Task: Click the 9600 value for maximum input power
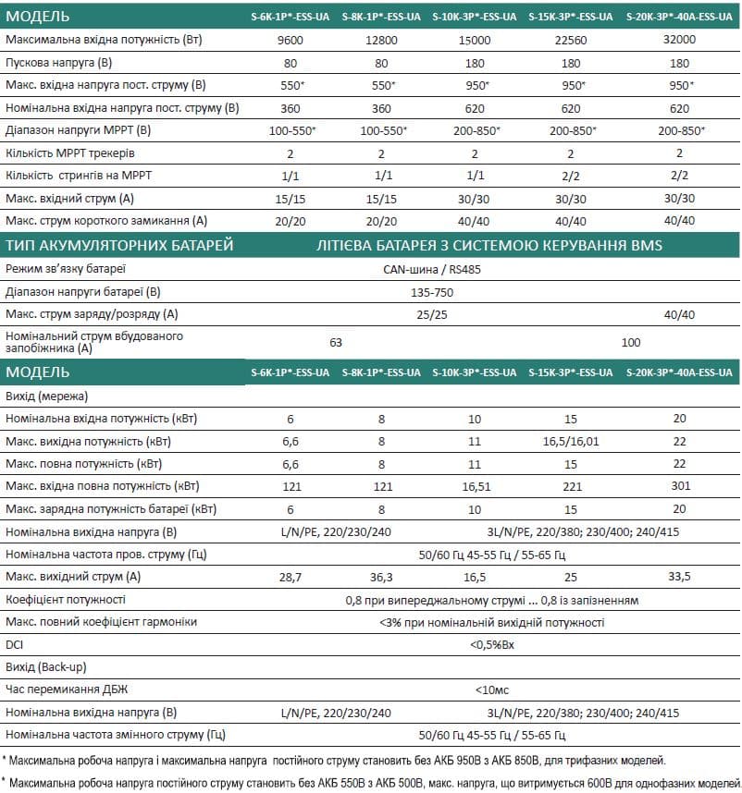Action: pyautogui.click(x=291, y=40)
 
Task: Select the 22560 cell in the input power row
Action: pyautogui.click(x=571, y=40)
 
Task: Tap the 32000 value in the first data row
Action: pyautogui.click(x=679, y=40)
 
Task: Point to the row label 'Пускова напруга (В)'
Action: pyautogui.click(x=57, y=63)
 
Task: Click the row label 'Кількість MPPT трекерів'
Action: pyautogui.click(x=70, y=152)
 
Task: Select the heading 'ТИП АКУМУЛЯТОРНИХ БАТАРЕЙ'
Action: pyautogui.click(x=119, y=245)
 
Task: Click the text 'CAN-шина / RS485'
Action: pyautogui.click(x=431, y=270)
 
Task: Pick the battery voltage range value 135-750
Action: pyautogui.click(x=431, y=292)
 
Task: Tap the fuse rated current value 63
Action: pyautogui.click(x=336, y=342)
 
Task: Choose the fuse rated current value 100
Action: pyautogui.click(x=631, y=342)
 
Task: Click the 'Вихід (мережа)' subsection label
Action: pyautogui.click(x=46, y=396)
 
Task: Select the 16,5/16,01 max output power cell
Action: pyautogui.click(x=571, y=442)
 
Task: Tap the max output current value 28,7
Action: pyautogui.click(x=291, y=577)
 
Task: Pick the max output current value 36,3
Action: pyautogui.click(x=381, y=577)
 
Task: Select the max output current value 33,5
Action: pyautogui.click(x=679, y=577)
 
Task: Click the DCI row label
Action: pyautogui.click(x=15, y=644)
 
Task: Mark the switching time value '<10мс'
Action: pyautogui.click(x=491, y=689)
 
